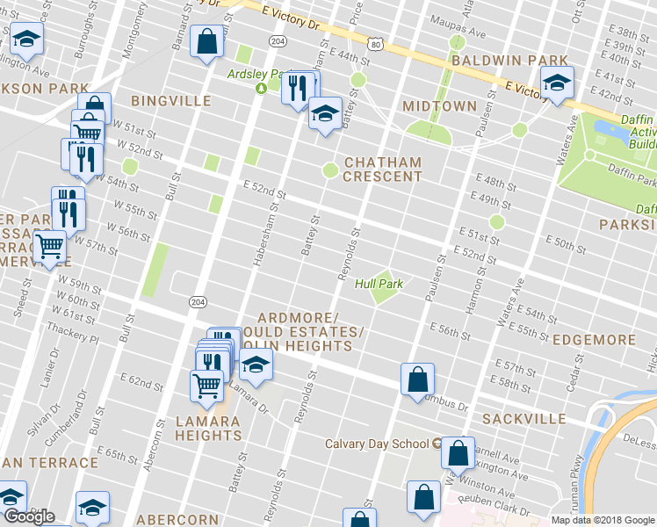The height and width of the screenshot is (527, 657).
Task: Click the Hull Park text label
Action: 379,284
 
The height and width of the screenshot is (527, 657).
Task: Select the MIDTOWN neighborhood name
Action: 438,106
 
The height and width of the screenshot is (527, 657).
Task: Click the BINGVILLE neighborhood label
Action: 170,101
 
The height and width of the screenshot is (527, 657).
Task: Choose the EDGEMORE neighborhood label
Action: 595,340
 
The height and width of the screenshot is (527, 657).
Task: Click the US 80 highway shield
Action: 375,41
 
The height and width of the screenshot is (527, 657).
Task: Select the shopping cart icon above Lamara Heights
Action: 206,383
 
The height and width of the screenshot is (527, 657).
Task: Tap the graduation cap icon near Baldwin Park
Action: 556,83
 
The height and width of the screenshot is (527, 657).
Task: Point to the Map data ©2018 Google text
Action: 603,520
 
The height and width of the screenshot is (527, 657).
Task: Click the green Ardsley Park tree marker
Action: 260,88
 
